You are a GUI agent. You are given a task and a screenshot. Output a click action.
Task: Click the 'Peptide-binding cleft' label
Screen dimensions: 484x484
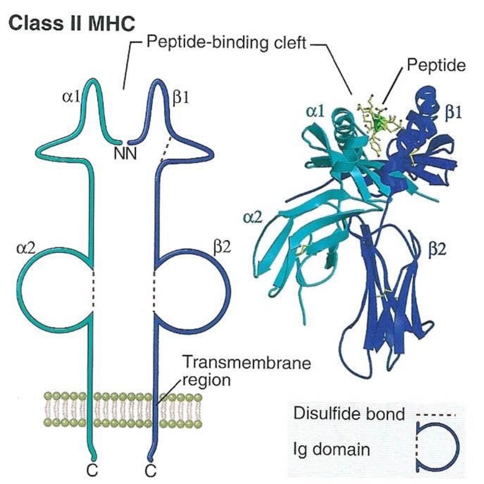pos(226,43)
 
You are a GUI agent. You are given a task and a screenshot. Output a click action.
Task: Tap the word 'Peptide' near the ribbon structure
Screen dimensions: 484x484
pos(435,66)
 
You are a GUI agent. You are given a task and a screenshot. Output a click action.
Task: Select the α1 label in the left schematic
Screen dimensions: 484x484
pos(71,98)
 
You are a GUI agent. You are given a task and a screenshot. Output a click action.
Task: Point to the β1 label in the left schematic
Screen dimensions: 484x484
pos(180,98)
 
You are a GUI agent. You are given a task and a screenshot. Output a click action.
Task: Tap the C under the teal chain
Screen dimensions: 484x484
pos(92,471)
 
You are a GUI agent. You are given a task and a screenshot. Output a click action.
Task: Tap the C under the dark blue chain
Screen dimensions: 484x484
pos(150,471)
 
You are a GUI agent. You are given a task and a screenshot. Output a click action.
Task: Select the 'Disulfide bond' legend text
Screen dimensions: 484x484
pos(349,414)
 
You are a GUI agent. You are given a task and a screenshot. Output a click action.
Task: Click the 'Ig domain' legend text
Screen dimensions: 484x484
pos(331,450)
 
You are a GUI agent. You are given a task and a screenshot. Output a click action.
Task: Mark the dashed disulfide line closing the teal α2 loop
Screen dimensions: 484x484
pos(94,291)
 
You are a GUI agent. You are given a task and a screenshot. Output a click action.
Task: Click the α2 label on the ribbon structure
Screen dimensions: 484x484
pos(253,217)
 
